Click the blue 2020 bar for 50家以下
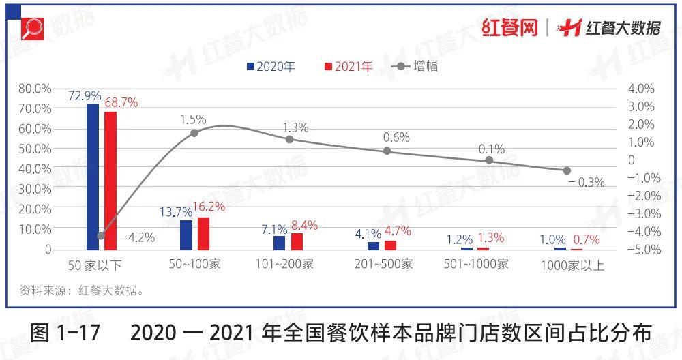93,177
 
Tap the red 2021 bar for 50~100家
203,234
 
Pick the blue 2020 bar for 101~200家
279,243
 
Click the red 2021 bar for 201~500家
390,245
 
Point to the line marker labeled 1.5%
194,133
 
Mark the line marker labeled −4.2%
101,236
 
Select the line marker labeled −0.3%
567,170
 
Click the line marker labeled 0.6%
387,151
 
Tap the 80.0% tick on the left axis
35,89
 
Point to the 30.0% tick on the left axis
35,189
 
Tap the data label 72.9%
85,95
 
